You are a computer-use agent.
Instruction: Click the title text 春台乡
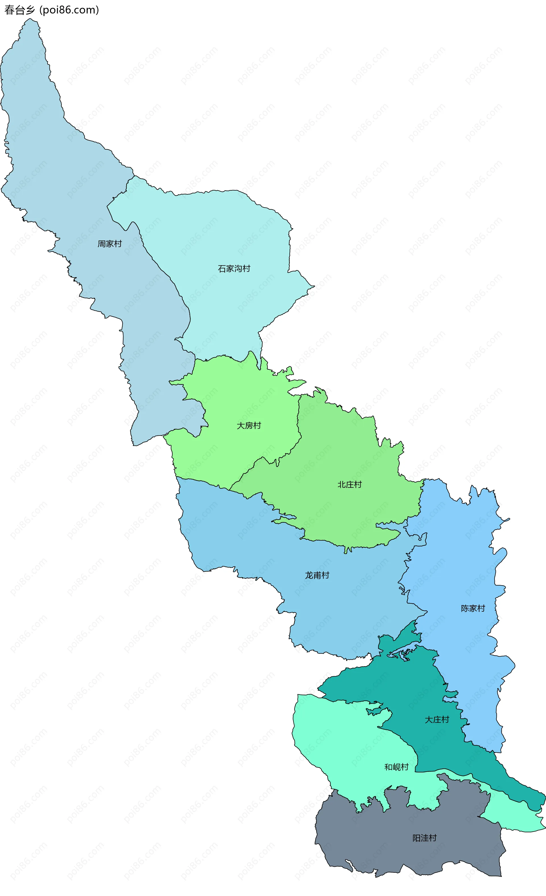pyautogui.click(x=20, y=10)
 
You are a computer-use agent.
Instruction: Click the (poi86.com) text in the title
pyautogui.click(x=69, y=10)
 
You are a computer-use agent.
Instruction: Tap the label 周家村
pyautogui.click(x=109, y=244)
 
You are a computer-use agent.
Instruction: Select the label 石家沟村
pyautogui.click(x=234, y=268)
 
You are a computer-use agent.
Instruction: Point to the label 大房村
pyautogui.click(x=249, y=426)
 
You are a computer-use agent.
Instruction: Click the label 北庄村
pyautogui.click(x=350, y=484)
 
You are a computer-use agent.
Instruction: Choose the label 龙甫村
pyautogui.click(x=317, y=575)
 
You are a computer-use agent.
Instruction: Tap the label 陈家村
pyautogui.click(x=473, y=608)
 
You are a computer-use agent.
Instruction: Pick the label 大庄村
pyautogui.click(x=437, y=720)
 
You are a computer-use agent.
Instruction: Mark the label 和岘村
pyautogui.click(x=396, y=767)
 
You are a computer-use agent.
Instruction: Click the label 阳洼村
pyautogui.click(x=424, y=838)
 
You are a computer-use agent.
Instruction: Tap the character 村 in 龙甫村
pyautogui.click(x=325, y=575)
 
